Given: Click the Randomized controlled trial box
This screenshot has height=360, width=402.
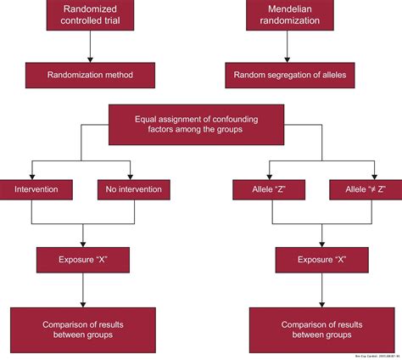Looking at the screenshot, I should pyautogui.click(x=83, y=17).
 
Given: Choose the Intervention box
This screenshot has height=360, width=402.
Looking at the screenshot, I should pyautogui.click(x=36, y=189).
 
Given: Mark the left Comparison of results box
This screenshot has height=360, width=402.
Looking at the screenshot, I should pyautogui.click(x=82, y=329).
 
